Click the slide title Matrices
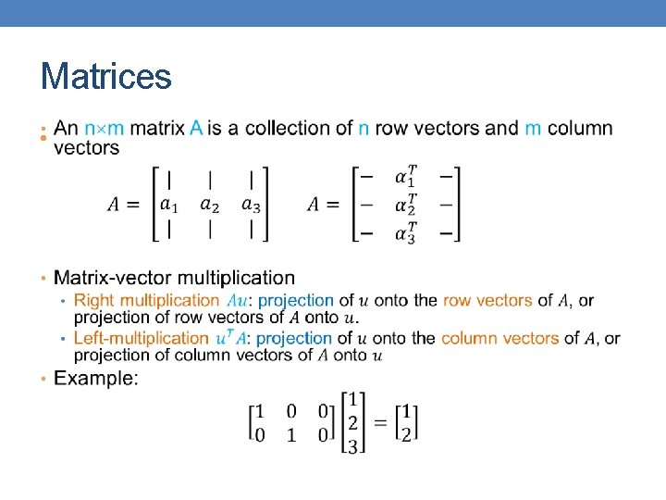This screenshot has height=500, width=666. [105, 76]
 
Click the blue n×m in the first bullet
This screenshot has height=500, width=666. [105, 129]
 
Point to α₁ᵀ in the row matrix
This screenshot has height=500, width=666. [405, 176]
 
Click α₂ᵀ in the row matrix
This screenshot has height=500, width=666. [405, 204]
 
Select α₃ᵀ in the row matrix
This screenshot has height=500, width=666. [405, 231]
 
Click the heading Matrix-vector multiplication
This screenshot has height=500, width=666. [175, 278]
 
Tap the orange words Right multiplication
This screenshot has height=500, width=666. [146, 300]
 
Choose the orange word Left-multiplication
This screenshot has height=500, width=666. [141, 338]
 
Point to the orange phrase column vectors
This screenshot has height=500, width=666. [499, 338]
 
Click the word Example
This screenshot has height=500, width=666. [96, 378]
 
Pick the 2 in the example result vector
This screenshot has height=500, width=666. [407, 434]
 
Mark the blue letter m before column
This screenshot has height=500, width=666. [533, 129]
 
